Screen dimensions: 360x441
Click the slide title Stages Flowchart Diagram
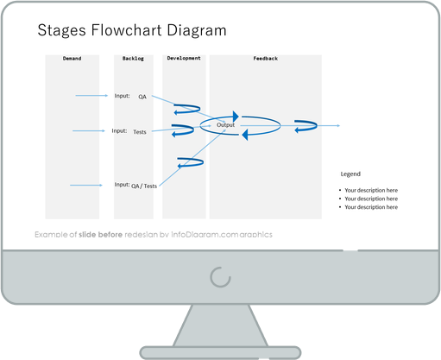(x=132, y=31)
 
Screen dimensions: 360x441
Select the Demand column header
(x=73, y=59)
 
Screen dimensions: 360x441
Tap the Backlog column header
(x=133, y=59)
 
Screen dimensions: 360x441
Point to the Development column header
(x=184, y=59)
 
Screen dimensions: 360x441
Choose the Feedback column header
(x=265, y=59)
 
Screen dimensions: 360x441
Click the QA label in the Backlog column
(x=142, y=97)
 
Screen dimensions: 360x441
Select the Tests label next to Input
(x=140, y=132)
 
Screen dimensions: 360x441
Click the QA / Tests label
(x=144, y=186)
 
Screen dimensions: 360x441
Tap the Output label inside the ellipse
(x=225, y=125)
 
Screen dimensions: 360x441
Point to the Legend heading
(x=350, y=174)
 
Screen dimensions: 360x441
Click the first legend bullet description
(x=371, y=190)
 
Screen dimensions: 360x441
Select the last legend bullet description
(x=371, y=207)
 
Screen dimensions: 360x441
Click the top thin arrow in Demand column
(x=91, y=96)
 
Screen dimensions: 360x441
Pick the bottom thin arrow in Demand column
(x=85, y=186)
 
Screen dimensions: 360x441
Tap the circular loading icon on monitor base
(x=221, y=276)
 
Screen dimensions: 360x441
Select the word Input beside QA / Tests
(x=122, y=184)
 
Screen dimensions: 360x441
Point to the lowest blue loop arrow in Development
(x=189, y=161)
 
